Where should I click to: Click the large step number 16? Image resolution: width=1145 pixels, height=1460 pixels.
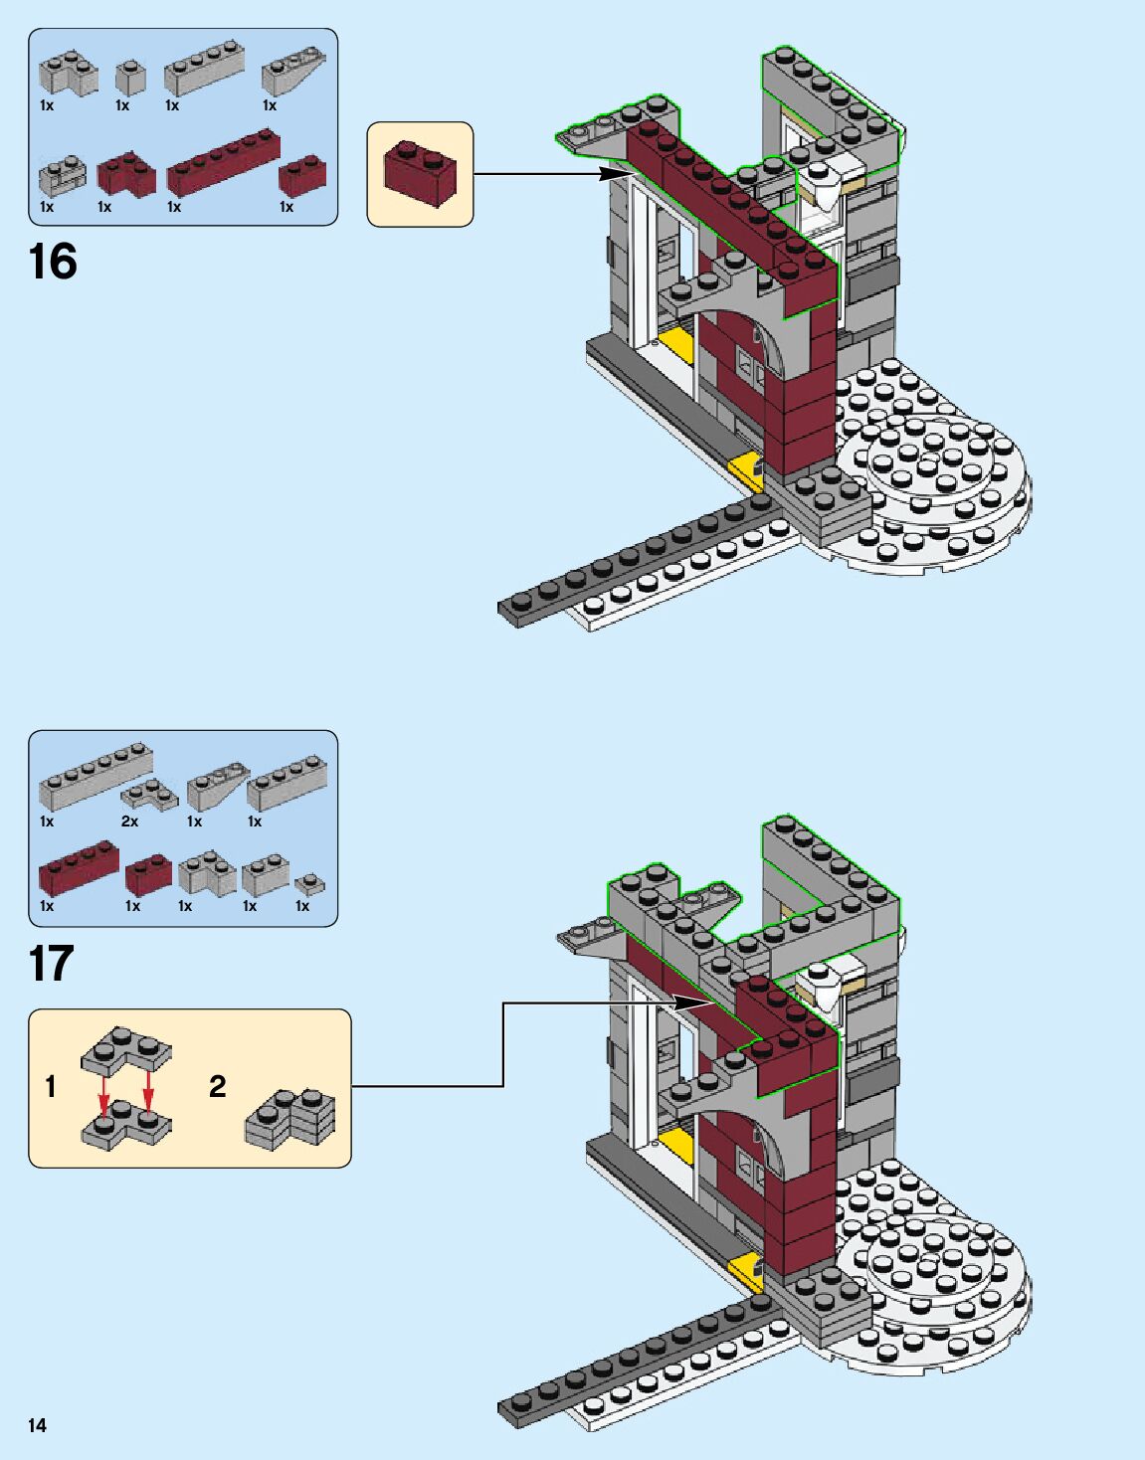pyautogui.click(x=53, y=263)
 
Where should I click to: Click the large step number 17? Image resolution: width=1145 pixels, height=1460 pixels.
pyautogui.click(x=52, y=964)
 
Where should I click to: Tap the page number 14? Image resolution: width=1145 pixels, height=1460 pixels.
pyautogui.click(x=37, y=1425)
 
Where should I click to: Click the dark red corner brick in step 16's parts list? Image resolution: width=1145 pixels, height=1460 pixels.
pyautogui.click(x=126, y=173)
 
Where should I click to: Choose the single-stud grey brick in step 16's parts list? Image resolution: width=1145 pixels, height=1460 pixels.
pyautogui.click(x=130, y=78)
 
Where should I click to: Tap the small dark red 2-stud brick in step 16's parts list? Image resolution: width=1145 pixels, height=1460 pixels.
pyautogui.click(x=302, y=176)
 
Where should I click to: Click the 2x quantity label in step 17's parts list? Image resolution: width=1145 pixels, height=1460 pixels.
pyautogui.click(x=129, y=821)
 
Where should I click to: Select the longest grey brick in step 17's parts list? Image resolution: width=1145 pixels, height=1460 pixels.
pyautogui.click(x=95, y=776)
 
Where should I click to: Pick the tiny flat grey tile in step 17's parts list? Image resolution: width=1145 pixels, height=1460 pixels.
pyautogui.click(x=309, y=882)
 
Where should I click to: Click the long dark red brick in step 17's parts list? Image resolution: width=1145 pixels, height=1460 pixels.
pyautogui.click(x=79, y=867)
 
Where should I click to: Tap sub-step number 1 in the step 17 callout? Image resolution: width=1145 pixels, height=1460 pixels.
pyautogui.click(x=51, y=1086)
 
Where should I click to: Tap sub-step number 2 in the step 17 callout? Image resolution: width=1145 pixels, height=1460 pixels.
pyautogui.click(x=218, y=1086)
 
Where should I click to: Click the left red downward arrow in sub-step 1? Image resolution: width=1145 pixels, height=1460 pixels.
pyautogui.click(x=103, y=1093)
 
